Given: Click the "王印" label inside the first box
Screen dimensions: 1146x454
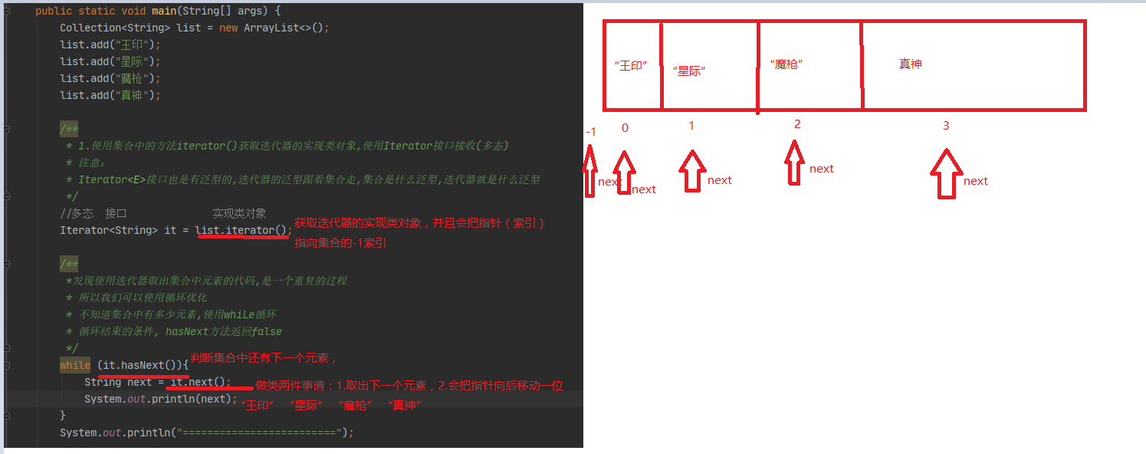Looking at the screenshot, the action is [x=631, y=66].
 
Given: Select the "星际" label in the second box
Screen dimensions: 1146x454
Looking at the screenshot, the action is [x=688, y=71].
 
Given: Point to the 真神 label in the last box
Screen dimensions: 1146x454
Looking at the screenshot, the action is [x=910, y=64].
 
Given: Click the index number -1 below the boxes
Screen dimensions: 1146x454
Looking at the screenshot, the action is [x=590, y=132].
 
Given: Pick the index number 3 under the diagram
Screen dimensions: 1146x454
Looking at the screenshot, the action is [x=946, y=126].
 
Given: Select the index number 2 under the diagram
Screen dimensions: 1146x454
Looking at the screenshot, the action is [x=797, y=124].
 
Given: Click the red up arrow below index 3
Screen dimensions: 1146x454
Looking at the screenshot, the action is [x=947, y=173].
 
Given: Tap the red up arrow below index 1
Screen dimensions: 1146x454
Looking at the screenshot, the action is [x=692, y=169].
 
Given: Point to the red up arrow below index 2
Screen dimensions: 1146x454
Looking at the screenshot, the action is [x=795, y=162].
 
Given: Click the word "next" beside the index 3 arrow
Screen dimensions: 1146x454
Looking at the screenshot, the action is [x=976, y=181].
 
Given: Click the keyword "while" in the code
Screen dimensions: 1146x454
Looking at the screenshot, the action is [x=75, y=366].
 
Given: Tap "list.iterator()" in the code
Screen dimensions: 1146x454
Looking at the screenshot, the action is [x=242, y=230].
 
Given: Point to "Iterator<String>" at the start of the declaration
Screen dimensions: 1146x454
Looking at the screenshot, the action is [x=109, y=230].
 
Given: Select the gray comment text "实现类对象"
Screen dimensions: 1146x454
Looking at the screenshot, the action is [x=239, y=213].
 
